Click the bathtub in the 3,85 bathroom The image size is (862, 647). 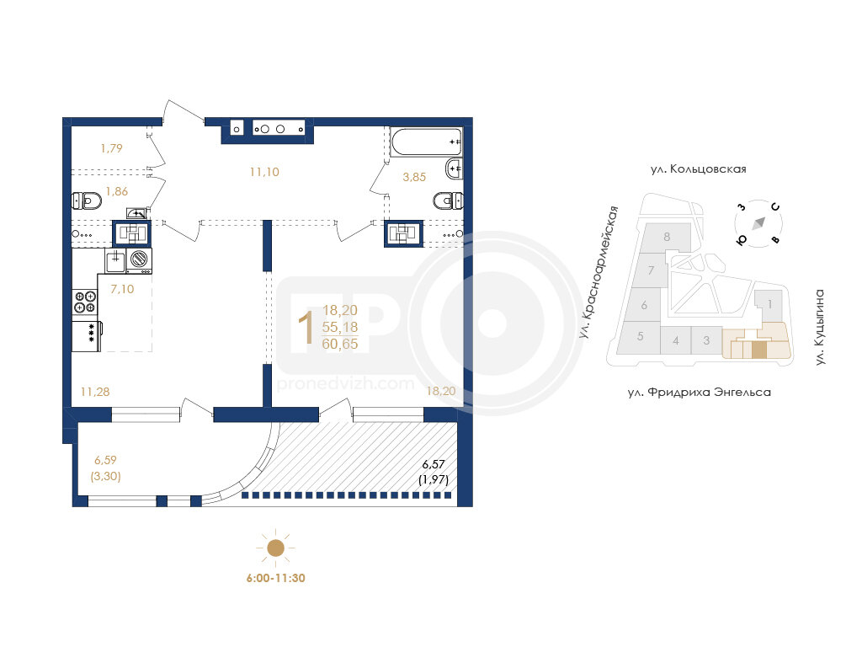pos(426,142)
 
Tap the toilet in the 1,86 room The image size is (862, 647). pos(87,201)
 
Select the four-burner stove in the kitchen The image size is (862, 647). pos(85,302)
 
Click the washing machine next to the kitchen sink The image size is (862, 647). pos(139,260)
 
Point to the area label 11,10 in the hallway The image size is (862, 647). pos(264,172)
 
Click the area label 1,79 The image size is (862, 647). pos(112,148)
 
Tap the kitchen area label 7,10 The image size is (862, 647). pos(122,289)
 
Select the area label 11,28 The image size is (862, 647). pos(95,392)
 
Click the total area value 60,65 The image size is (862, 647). pos(340,345)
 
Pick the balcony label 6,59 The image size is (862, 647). pos(105,460)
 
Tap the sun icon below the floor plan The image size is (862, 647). pos(275,548)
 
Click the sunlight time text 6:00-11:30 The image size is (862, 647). pos(275,578)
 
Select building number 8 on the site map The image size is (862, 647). pos(667,237)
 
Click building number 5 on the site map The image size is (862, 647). pos(641,336)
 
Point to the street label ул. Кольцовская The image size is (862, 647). pos(698,168)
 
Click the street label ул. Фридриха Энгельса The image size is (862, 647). pos(700,393)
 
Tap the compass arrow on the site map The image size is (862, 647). pos(759,222)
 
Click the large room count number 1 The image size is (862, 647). pos(306,328)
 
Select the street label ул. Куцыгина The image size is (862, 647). pos(820,328)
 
